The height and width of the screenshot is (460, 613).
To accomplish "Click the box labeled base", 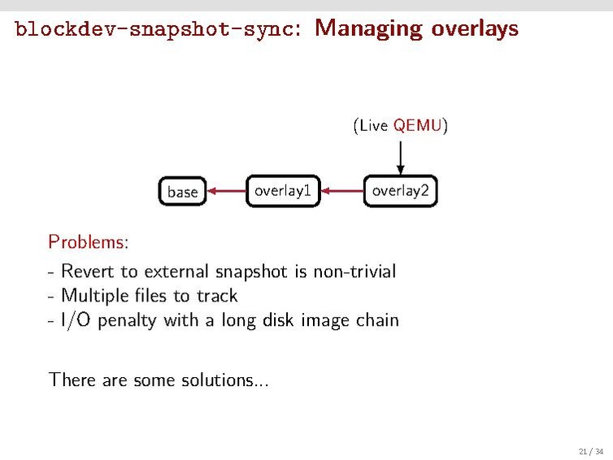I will click(x=182, y=192).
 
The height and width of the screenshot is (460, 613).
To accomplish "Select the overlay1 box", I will click(x=283, y=191).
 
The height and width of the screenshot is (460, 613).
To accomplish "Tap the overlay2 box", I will click(x=400, y=191).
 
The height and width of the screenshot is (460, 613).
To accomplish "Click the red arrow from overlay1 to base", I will click(x=225, y=192).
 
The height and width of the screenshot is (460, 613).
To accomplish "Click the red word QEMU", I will click(x=417, y=125).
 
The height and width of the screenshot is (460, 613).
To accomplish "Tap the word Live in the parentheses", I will click(x=373, y=125).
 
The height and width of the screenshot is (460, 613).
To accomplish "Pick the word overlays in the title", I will click(x=474, y=29).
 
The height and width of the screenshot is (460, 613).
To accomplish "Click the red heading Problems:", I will click(x=88, y=242).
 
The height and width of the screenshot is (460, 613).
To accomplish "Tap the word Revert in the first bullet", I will click(x=88, y=271).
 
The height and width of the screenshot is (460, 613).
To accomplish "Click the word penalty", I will click(x=126, y=319).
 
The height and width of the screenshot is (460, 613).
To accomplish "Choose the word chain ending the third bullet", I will click(x=377, y=319).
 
